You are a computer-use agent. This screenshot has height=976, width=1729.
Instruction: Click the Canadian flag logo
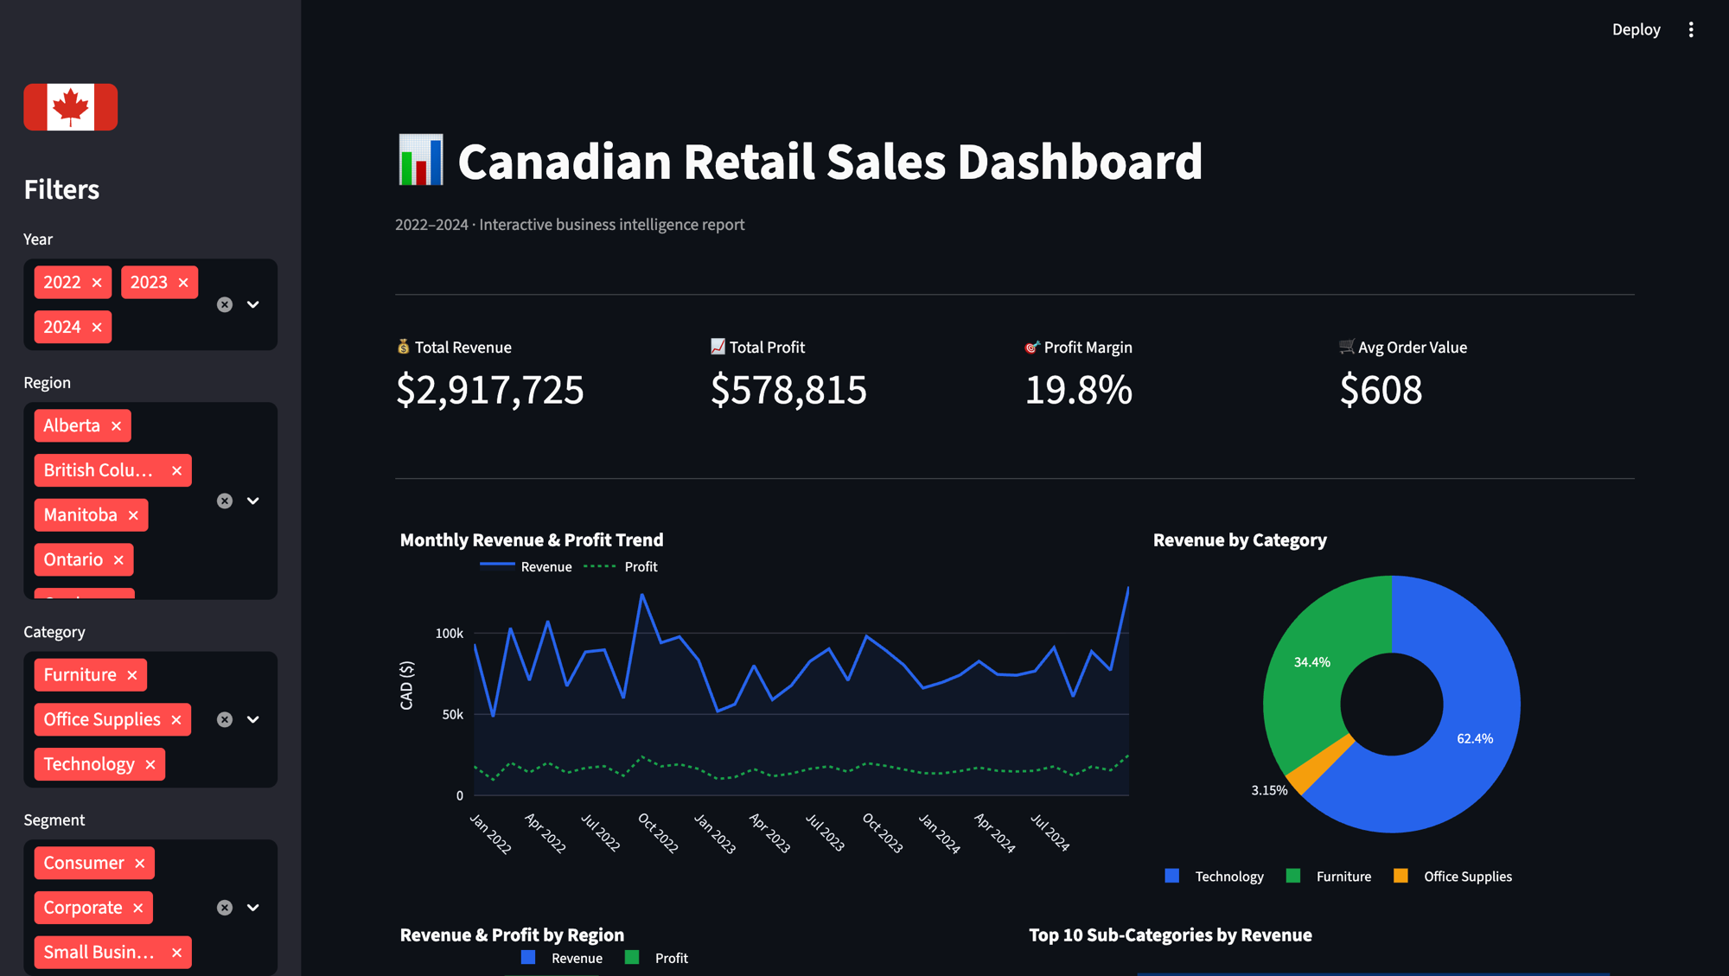[70, 107]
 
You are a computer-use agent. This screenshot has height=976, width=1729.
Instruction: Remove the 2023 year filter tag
[183, 283]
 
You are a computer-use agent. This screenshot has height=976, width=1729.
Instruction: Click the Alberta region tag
[72, 425]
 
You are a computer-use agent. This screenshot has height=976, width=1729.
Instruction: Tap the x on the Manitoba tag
[133, 515]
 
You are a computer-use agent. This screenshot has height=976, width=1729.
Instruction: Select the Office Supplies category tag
[102, 719]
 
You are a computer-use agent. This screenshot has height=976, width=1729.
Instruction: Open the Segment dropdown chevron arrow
[253, 908]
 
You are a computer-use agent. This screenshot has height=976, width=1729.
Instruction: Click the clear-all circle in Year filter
[225, 304]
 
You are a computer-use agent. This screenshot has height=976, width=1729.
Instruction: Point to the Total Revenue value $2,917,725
[489, 390]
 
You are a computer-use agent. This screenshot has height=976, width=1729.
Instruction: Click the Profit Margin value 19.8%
[1078, 390]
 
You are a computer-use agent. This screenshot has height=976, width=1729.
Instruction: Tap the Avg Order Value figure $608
[1380, 390]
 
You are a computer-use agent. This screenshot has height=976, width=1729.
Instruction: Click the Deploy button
[1636, 29]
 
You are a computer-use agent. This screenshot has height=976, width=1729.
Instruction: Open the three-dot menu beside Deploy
[1691, 29]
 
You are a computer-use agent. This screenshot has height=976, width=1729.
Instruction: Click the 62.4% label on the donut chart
[1475, 738]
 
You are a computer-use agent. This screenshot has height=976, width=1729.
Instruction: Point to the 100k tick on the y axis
[450, 634]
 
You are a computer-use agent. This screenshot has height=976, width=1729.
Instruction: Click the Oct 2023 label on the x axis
[882, 832]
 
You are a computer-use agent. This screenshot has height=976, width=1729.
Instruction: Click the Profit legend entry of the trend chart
[641, 567]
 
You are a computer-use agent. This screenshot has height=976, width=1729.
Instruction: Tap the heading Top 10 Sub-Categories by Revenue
[1170, 935]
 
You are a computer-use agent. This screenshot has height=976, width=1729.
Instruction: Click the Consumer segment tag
[84, 863]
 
